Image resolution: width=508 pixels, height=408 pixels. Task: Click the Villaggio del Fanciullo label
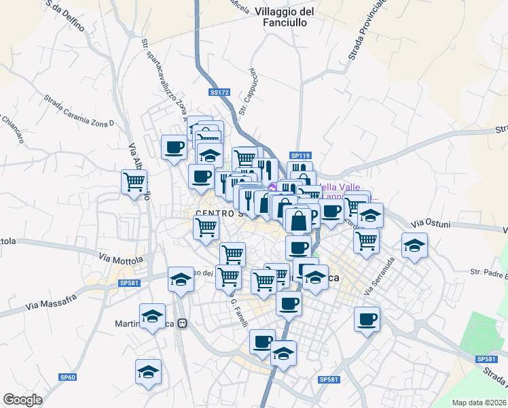pos(285,17)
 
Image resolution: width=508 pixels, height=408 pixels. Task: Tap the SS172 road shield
pos(219,92)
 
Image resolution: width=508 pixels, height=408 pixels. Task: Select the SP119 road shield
pos(300,156)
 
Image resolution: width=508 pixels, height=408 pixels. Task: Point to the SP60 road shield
pos(67,377)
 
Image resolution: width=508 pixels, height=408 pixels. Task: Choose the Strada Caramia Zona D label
pos(79,111)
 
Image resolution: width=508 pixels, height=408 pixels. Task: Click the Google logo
pos(22,400)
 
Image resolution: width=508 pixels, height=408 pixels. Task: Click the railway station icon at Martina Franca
pos(182,325)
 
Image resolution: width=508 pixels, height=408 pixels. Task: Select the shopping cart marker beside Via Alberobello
pos(134,182)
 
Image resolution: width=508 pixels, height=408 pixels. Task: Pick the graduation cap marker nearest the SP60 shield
pos(148,371)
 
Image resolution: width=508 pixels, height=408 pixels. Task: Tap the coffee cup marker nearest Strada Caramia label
pos(174,147)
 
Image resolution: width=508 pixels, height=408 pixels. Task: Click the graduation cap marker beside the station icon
pos(153,316)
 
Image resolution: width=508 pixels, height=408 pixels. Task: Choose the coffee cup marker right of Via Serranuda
pos(367,318)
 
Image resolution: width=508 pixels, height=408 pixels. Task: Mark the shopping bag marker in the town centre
pos(298,220)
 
